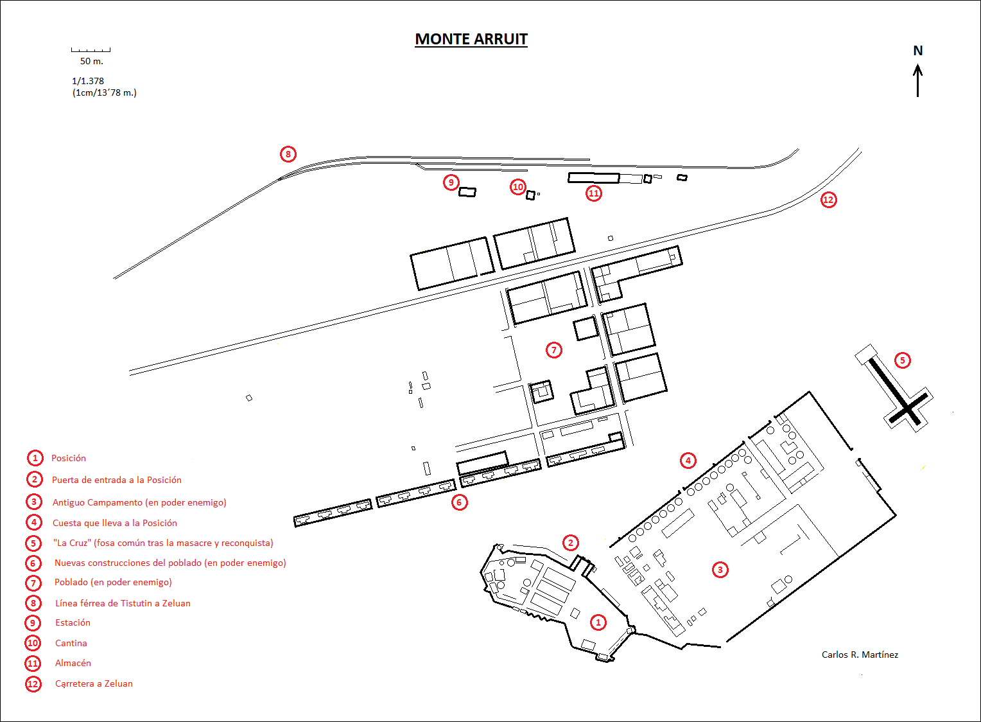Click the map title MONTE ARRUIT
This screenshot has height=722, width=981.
coord(471,39)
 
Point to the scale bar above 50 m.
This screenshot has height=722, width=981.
coord(91,49)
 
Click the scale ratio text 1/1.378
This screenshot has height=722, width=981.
coord(88,81)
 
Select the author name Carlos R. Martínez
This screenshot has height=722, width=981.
coord(860,655)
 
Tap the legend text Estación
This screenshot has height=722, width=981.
coord(73,622)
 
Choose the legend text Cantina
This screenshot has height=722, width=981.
coord(71,643)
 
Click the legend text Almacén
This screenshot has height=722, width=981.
coord(73,663)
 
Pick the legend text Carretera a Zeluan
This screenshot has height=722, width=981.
coord(94,683)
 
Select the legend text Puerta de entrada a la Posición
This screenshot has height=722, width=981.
coord(117,480)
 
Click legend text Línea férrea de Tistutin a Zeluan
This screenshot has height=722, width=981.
coord(123,603)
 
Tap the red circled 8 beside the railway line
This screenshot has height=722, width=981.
coord(288,154)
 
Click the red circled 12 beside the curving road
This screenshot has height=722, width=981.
coord(829,200)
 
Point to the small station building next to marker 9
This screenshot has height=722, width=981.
coord(467,191)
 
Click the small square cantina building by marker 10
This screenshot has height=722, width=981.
coord(530,195)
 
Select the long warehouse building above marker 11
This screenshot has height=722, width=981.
coord(593,177)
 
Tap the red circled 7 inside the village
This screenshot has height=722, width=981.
coord(554,350)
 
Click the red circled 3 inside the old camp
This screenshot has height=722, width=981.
coord(720,570)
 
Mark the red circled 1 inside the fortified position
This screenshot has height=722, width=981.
coord(598,622)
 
